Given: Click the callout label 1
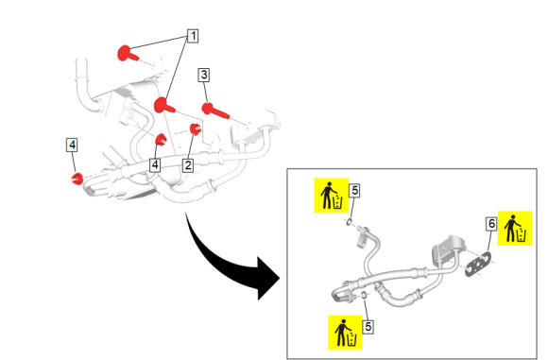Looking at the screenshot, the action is pyautogui.click(x=193, y=36).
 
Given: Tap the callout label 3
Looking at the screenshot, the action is pyautogui.click(x=204, y=75).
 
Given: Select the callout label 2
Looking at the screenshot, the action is pyautogui.click(x=188, y=165).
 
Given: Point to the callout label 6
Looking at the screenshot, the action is pyautogui.click(x=491, y=224).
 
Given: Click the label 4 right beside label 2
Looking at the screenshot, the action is pyautogui.click(x=155, y=165).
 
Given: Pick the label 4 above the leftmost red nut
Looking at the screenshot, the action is pyautogui.click(x=72, y=146).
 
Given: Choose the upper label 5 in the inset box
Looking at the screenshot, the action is pyautogui.click(x=354, y=191).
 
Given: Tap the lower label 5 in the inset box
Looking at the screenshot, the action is pyautogui.click(x=368, y=327).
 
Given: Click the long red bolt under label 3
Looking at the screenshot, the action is pyautogui.click(x=214, y=111).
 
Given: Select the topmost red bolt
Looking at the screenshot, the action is pyautogui.click(x=128, y=54).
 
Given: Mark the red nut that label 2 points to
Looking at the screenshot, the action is pyautogui.click(x=195, y=129).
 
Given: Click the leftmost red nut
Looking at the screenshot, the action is pyautogui.click(x=77, y=179).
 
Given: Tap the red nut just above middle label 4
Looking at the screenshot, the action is pyautogui.click(x=161, y=140).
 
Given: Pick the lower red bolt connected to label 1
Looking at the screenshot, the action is pyautogui.click(x=163, y=106).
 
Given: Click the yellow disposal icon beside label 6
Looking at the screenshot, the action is pyautogui.click(x=515, y=229).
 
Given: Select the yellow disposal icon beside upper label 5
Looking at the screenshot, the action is pyautogui.click(x=332, y=195).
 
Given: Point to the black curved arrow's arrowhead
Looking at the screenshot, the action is pyautogui.click(x=268, y=278).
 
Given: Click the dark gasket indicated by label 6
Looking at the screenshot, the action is pyautogui.click(x=478, y=265).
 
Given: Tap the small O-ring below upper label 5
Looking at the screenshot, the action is pyautogui.click(x=349, y=222).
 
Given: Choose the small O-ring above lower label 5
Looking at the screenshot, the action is pyautogui.click(x=364, y=296).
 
